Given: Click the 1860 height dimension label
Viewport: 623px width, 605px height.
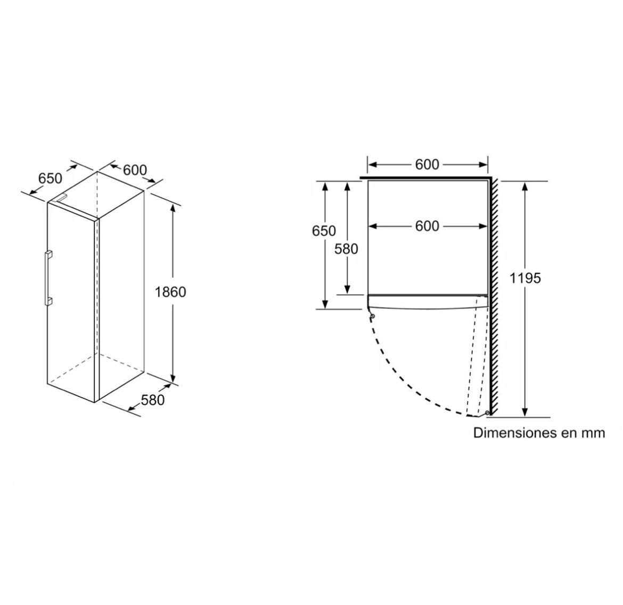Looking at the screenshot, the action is tap(170, 292).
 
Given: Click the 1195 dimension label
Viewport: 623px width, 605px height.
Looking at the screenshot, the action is tap(525, 278).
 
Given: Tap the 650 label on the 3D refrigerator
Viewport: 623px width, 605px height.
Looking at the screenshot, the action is tap(51, 178).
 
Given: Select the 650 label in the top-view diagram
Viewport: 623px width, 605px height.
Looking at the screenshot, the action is tap(324, 231).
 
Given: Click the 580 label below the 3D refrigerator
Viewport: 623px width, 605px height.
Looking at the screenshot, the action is tap(153, 399).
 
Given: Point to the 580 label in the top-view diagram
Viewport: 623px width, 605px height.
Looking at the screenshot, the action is tap(346, 249).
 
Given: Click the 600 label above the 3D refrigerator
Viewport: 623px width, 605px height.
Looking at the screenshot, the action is tap(135, 170).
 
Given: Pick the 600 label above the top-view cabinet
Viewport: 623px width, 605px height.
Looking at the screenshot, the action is tap(427, 164).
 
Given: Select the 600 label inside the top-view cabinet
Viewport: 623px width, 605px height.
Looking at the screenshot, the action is tap(427, 226).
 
